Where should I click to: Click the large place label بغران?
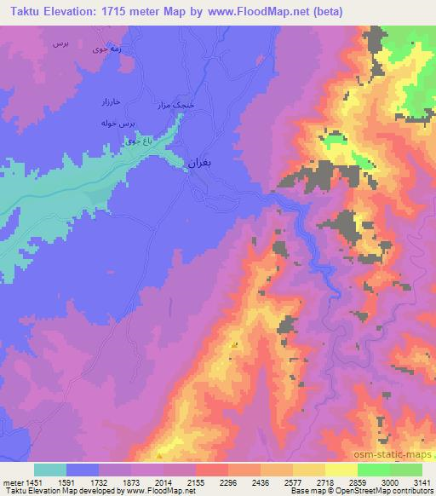(x=198, y=161)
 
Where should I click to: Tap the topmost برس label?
(x=59, y=41)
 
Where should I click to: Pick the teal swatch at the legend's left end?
(x=50, y=470)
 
